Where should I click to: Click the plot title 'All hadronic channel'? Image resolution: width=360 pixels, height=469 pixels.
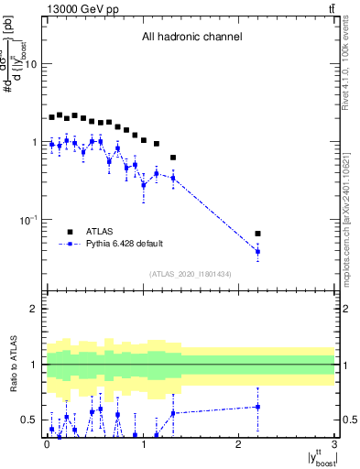(191, 38)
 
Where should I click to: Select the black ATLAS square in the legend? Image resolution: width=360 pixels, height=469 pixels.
(69, 232)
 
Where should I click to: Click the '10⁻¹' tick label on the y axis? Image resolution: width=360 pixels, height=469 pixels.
(28, 219)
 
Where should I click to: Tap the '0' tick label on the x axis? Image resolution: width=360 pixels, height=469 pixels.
(47, 445)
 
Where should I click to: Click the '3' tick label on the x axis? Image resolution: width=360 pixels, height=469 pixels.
(334, 445)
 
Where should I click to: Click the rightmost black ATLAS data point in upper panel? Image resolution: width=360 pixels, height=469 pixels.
(257, 234)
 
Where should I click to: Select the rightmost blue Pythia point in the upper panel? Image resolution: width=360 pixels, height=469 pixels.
(257, 252)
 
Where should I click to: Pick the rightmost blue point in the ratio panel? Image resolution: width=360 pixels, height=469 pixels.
(257, 407)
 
